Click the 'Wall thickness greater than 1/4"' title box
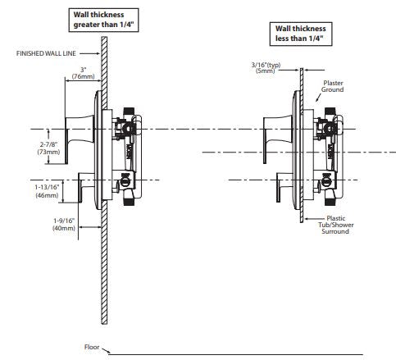103,20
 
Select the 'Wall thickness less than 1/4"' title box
301,34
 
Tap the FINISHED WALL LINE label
46,53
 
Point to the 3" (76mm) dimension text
84,73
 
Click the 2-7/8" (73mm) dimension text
48,148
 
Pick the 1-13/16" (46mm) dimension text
47,191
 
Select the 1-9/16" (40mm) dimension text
64,224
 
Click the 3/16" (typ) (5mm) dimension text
266,68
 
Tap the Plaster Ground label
333,86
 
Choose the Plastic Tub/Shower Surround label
336,225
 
